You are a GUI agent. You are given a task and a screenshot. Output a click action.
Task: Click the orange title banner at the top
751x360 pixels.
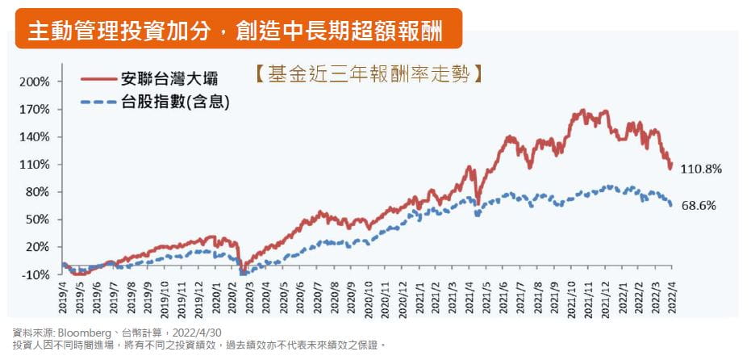point(238,30)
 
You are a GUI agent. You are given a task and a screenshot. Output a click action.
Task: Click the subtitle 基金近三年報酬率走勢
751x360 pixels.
point(366,75)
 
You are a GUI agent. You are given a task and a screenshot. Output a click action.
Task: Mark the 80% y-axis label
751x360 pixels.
point(37,192)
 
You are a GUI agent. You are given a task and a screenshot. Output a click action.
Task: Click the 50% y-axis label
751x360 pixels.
point(37,220)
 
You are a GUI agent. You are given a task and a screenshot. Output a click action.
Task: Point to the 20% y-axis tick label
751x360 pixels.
point(37,247)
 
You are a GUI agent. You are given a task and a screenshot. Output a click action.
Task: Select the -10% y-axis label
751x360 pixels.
point(36,274)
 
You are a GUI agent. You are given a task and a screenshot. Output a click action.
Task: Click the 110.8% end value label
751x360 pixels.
point(701,170)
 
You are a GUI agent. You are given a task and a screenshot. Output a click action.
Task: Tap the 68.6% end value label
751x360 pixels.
point(699,206)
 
